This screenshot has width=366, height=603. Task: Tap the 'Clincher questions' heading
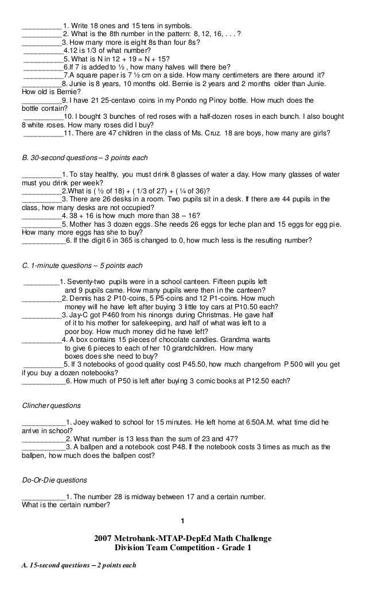51,406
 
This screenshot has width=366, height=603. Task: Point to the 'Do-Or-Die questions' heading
54,479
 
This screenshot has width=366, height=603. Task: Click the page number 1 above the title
182,520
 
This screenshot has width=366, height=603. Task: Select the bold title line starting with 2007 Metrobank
183,538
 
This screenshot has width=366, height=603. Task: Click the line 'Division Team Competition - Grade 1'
183,547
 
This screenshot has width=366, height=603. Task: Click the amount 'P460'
112,315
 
